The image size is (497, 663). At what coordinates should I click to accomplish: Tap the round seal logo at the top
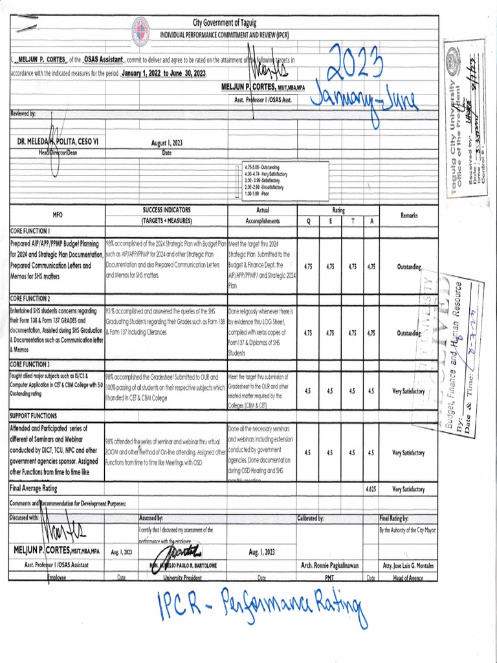140,32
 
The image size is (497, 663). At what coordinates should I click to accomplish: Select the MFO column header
53,216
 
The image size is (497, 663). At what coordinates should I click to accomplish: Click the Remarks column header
409,215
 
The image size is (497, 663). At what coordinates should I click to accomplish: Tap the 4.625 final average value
370,489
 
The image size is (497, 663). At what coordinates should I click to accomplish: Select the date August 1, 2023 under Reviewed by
167,143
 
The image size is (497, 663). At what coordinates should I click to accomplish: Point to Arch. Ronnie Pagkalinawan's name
330,565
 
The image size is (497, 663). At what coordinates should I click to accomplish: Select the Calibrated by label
315,519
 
